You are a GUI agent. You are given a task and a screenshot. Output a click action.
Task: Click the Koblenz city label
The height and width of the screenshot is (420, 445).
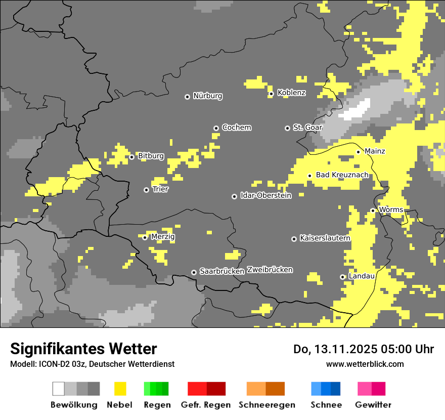click(x=291, y=93)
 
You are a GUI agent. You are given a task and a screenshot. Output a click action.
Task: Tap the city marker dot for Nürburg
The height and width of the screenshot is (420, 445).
click(x=187, y=97)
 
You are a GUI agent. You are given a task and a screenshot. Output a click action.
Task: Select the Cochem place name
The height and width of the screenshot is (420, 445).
click(x=236, y=128)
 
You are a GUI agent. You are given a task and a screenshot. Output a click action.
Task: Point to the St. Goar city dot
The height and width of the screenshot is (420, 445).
click(x=287, y=128)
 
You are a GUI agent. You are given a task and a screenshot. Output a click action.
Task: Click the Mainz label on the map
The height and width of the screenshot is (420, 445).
click(x=375, y=151)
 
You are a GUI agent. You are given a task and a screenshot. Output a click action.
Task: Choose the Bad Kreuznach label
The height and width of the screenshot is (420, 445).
click(x=342, y=175)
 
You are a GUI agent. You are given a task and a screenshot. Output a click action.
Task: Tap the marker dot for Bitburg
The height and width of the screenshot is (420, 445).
click(x=131, y=157)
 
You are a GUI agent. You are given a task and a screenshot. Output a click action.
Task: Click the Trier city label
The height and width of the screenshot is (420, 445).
click(x=160, y=189)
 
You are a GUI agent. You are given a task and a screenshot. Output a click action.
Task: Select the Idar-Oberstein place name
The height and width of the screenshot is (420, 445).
click(x=265, y=195)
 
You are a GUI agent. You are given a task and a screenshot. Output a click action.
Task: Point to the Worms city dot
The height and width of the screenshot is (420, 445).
click(x=373, y=211)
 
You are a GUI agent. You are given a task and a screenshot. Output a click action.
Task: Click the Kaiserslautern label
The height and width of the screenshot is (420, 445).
click(x=325, y=238)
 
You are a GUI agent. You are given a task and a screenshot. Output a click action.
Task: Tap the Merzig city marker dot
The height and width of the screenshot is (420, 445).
click(x=145, y=237)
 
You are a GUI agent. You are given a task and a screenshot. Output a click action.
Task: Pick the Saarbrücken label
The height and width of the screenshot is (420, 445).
click(x=222, y=271)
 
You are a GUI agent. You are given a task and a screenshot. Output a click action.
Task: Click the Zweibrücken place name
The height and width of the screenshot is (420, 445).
click(x=270, y=270)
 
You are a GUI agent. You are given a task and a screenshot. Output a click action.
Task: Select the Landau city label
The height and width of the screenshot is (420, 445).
click(x=362, y=276)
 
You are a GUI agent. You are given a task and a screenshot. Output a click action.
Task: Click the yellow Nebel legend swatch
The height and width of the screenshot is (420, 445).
click(x=120, y=389)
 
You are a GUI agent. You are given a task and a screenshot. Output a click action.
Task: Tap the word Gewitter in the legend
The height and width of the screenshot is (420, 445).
click(x=373, y=405)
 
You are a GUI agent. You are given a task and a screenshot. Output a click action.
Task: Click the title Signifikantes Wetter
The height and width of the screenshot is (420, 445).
click(x=83, y=349)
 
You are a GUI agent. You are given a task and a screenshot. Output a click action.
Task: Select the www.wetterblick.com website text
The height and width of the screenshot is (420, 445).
click(x=365, y=364)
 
